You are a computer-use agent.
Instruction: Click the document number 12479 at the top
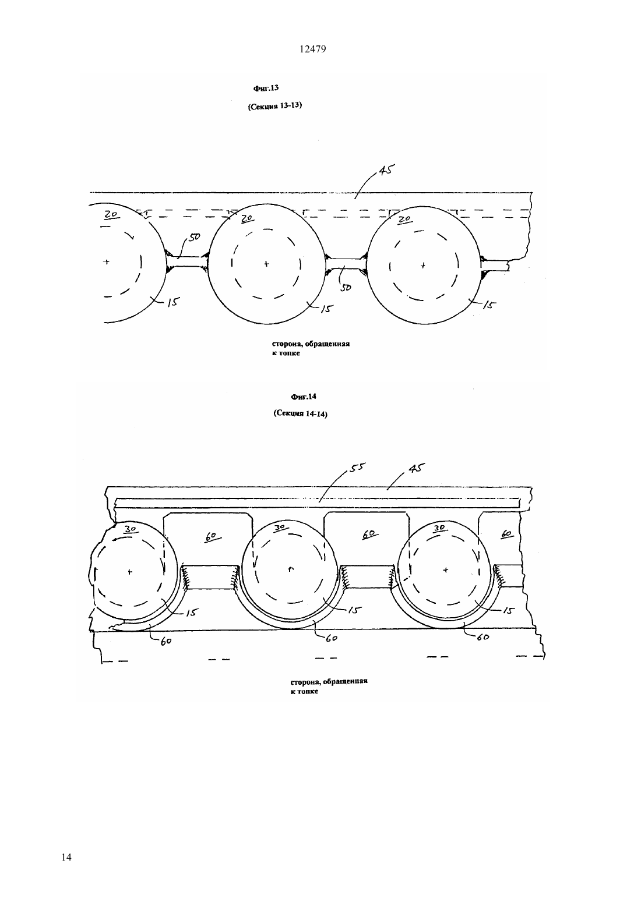tap(312, 49)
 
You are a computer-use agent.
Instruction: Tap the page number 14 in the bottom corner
tap(67, 857)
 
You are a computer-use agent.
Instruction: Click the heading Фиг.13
tap(266, 88)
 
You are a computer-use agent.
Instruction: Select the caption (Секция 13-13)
tap(275, 106)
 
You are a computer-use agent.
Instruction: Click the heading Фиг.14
tap(303, 397)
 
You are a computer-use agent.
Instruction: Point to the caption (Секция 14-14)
tap(300, 414)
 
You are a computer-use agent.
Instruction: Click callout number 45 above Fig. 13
tap(386, 170)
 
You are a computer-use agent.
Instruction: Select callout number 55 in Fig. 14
tap(356, 467)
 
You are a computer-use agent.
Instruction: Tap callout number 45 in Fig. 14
tap(417, 468)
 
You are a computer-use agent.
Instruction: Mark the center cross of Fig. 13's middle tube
tap(266, 264)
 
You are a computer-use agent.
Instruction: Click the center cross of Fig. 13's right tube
tap(423, 266)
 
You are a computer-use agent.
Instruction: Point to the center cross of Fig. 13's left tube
tap(106, 261)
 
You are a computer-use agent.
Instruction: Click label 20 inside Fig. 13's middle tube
tap(247, 218)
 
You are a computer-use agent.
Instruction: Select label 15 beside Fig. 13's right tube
tap(489, 305)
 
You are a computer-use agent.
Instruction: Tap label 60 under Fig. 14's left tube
tap(166, 641)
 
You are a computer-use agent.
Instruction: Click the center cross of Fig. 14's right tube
tap(446, 570)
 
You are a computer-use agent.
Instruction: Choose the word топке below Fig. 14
tap(308, 691)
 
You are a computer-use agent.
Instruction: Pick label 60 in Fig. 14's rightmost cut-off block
tap(506, 534)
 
